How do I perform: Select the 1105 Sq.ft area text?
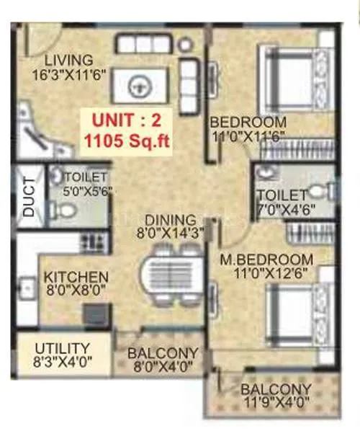[x=127, y=141]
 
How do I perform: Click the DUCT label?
[x=29, y=196]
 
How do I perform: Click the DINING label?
[x=169, y=220]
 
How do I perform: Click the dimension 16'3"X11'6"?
[x=68, y=74]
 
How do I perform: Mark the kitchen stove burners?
[x=91, y=240]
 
